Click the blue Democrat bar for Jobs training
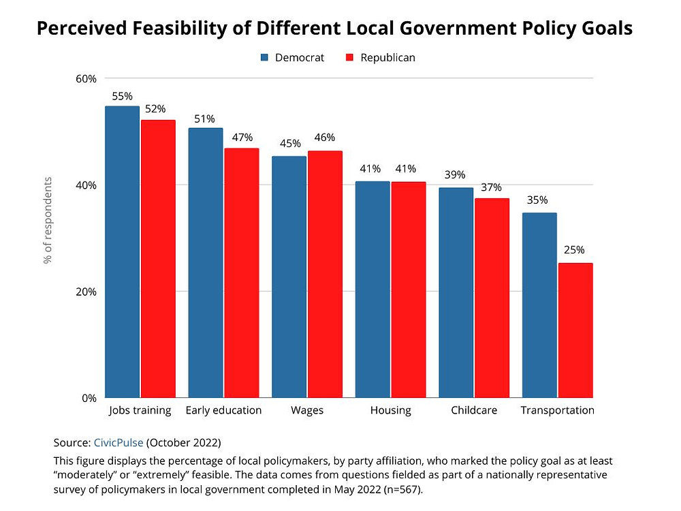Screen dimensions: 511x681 (122, 252)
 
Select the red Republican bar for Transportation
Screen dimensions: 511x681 (575, 330)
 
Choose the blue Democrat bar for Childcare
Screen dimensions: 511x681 (456, 293)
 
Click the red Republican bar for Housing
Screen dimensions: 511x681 (409, 290)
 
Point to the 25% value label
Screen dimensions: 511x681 (573, 249)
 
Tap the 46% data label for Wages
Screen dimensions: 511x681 (324, 138)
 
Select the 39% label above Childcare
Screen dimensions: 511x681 (455, 175)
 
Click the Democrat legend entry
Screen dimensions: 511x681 (292, 58)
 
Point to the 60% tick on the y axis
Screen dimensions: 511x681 (85, 78)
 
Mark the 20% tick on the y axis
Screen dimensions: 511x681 (85, 292)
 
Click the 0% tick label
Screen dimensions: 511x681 (89, 398)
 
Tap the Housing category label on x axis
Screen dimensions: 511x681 (391, 410)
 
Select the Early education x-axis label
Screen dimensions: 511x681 (223, 410)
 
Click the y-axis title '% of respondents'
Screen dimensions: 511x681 (48, 220)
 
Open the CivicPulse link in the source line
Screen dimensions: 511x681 (118, 442)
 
